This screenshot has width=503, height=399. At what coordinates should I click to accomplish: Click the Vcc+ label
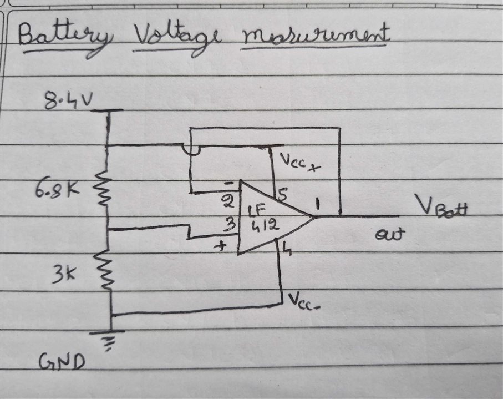click(x=300, y=163)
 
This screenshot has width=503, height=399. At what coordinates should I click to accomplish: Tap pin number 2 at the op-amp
click(x=228, y=202)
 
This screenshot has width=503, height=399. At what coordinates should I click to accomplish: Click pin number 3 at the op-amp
click(x=230, y=225)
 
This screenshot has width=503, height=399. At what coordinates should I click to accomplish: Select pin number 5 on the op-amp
click(x=282, y=194)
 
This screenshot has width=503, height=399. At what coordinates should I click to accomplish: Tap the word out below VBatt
click(x=390, y=234)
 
